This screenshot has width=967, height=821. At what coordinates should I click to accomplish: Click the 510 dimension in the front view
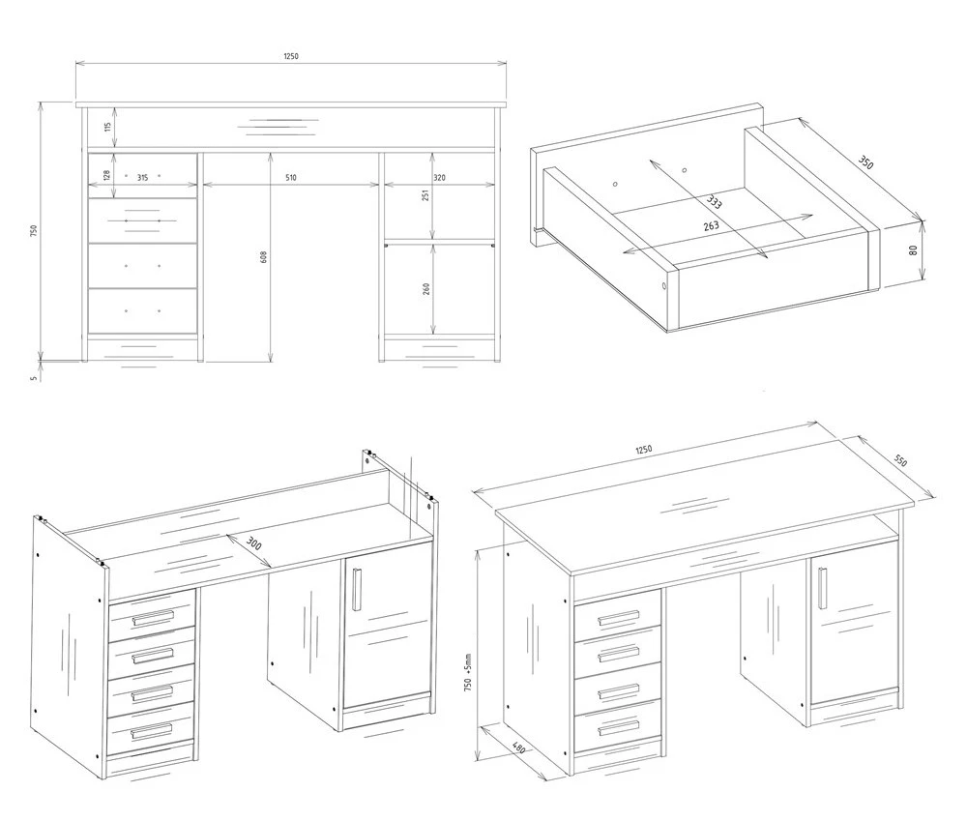tap(291, 178)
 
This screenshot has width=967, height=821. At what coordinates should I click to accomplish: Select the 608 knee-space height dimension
tap(264, 257)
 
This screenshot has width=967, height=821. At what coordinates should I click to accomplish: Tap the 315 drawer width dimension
tap(142, 178)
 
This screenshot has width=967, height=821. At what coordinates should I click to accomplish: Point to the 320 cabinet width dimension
tap(439, 178)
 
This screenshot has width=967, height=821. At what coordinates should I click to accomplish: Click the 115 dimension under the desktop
tap(107, 127)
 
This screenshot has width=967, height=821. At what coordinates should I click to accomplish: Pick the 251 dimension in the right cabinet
tap(425, 195)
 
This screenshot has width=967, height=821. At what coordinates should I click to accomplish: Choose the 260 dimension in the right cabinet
tap(425, 289)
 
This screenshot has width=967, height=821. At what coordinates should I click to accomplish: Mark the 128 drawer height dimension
tap(106, 175)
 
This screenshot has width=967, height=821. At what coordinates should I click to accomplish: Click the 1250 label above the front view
tap(291, 56)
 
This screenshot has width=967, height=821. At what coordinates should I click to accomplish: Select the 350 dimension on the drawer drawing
tap(865, 162)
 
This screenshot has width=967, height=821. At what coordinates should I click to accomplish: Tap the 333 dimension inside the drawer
tap(715, 202)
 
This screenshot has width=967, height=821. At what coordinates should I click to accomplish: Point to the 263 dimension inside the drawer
tap(711, 225)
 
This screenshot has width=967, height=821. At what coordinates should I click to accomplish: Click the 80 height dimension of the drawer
tap(914, 249)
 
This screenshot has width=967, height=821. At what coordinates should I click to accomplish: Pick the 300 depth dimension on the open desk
tap(253, 542)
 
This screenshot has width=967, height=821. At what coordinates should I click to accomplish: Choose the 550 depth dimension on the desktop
tap(900, 460)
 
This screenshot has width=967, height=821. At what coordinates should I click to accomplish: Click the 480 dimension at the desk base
tap(518, 748)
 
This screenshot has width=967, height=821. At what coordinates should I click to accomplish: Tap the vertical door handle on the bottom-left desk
tap(357, 590)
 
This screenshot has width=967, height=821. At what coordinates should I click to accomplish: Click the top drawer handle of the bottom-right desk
tap(619, 618)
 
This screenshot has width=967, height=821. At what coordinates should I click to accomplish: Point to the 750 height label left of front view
tap(35, 230)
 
